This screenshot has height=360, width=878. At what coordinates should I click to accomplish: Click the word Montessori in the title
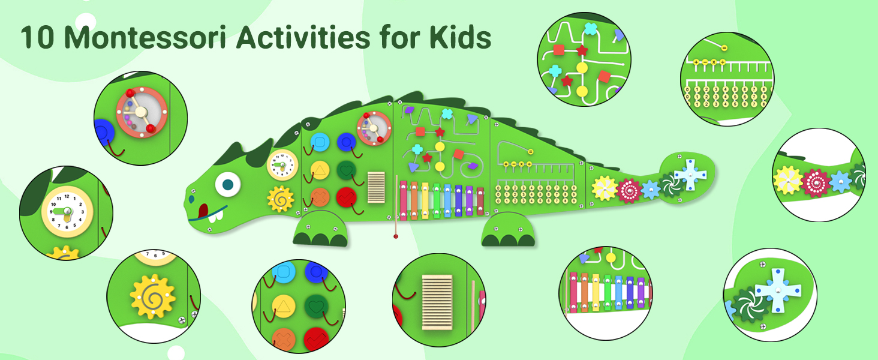(x=145, y=38)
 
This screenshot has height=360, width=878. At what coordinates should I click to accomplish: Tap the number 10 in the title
(x=37, y=38)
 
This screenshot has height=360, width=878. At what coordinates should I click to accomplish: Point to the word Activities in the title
(x=303, y=38)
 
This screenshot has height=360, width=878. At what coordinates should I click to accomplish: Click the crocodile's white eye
(x=228, y=184)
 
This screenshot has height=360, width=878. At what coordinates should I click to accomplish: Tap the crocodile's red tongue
(x=203, y=211)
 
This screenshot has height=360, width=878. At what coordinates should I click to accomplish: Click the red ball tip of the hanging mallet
(x=396, y=236)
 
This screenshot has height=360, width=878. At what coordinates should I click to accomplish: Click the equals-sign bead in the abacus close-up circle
(x=724, y=48)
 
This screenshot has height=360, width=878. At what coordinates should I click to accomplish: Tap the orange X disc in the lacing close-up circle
(x=284, y=340)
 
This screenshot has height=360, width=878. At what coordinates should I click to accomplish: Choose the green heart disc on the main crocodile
(x=347, y=170)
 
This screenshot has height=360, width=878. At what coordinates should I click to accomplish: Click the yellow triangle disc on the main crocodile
(x=320, y=170)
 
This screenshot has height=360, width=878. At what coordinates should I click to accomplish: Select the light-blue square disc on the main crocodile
(x=320, y=142)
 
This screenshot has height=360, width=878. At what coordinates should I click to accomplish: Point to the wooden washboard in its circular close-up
(x=437, y=302)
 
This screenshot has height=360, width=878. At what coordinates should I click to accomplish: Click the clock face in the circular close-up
(x=67, y=212)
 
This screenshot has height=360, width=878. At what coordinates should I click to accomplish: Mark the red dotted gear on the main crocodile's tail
(x=629, y=191)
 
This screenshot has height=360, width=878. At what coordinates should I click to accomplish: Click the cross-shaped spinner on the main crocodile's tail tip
(x=690, y=175)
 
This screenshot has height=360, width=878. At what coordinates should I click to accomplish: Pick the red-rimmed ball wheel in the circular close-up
(x=142, y=113)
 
